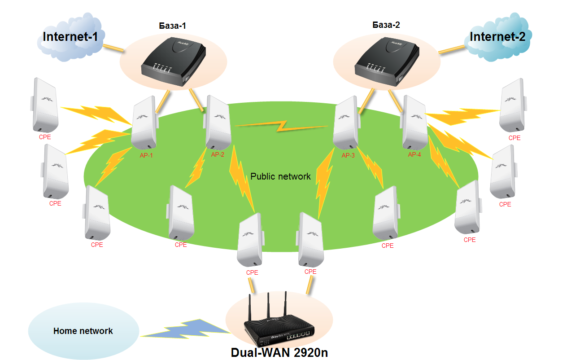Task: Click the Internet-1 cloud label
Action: point(70,37)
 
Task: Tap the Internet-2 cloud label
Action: point(497,37)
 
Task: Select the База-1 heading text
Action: point(172,26)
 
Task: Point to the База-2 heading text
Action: point(386,25)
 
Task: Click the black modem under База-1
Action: point(174,61)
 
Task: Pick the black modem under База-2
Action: point(387,61)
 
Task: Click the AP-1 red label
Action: point(146,155)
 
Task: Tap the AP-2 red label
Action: point(218,154)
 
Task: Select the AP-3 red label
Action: point(348,155)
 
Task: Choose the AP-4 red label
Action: point(414,154)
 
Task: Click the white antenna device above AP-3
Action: point(347,123)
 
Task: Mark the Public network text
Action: point(280,176)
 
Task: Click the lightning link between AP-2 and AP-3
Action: point(281,126)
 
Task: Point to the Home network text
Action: point(83,331)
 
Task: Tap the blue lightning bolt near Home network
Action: point(186,329)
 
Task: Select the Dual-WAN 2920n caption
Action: point(279,353)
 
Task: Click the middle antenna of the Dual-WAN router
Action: point(268,305)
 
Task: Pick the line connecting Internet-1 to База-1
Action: point(113,48)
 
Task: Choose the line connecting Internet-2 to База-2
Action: point(452,49)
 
